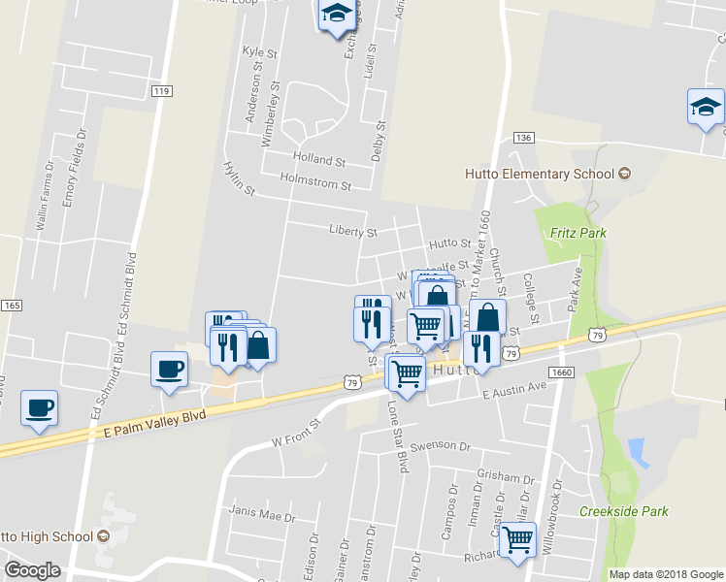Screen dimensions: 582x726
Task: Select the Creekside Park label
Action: coord(624,511)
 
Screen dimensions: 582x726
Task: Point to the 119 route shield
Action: coord(162,91)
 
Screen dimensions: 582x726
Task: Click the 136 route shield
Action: coord(524,139)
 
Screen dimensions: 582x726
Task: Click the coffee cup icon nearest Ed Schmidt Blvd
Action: coord(170,370)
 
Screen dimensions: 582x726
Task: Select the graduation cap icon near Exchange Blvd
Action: coord(336,15)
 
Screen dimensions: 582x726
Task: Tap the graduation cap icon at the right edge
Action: coord(706,107)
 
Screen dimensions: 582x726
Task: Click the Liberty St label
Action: coord(352,233)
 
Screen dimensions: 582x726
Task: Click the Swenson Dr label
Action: coord(439,448)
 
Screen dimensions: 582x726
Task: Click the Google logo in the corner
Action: coord(32,570)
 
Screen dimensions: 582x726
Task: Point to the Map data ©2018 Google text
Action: coord(666,574)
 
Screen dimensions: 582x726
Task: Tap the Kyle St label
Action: coord(253,51)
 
